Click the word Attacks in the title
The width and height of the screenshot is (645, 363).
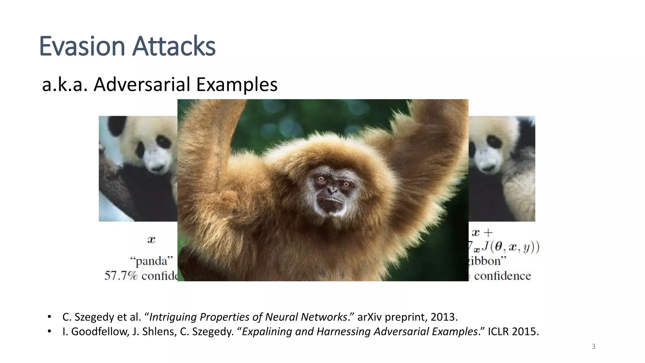[x=174, y=46]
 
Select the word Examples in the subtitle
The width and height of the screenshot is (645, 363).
[x=237, y=84]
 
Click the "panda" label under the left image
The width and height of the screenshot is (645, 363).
[x=151, y=261]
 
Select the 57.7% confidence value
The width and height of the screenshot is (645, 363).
[x=121, y=276]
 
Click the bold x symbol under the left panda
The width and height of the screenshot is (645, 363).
[x=151, y=240]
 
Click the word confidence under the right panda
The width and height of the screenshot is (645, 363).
[x=502, y=276]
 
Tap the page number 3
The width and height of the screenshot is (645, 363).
[x=593, y=347]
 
